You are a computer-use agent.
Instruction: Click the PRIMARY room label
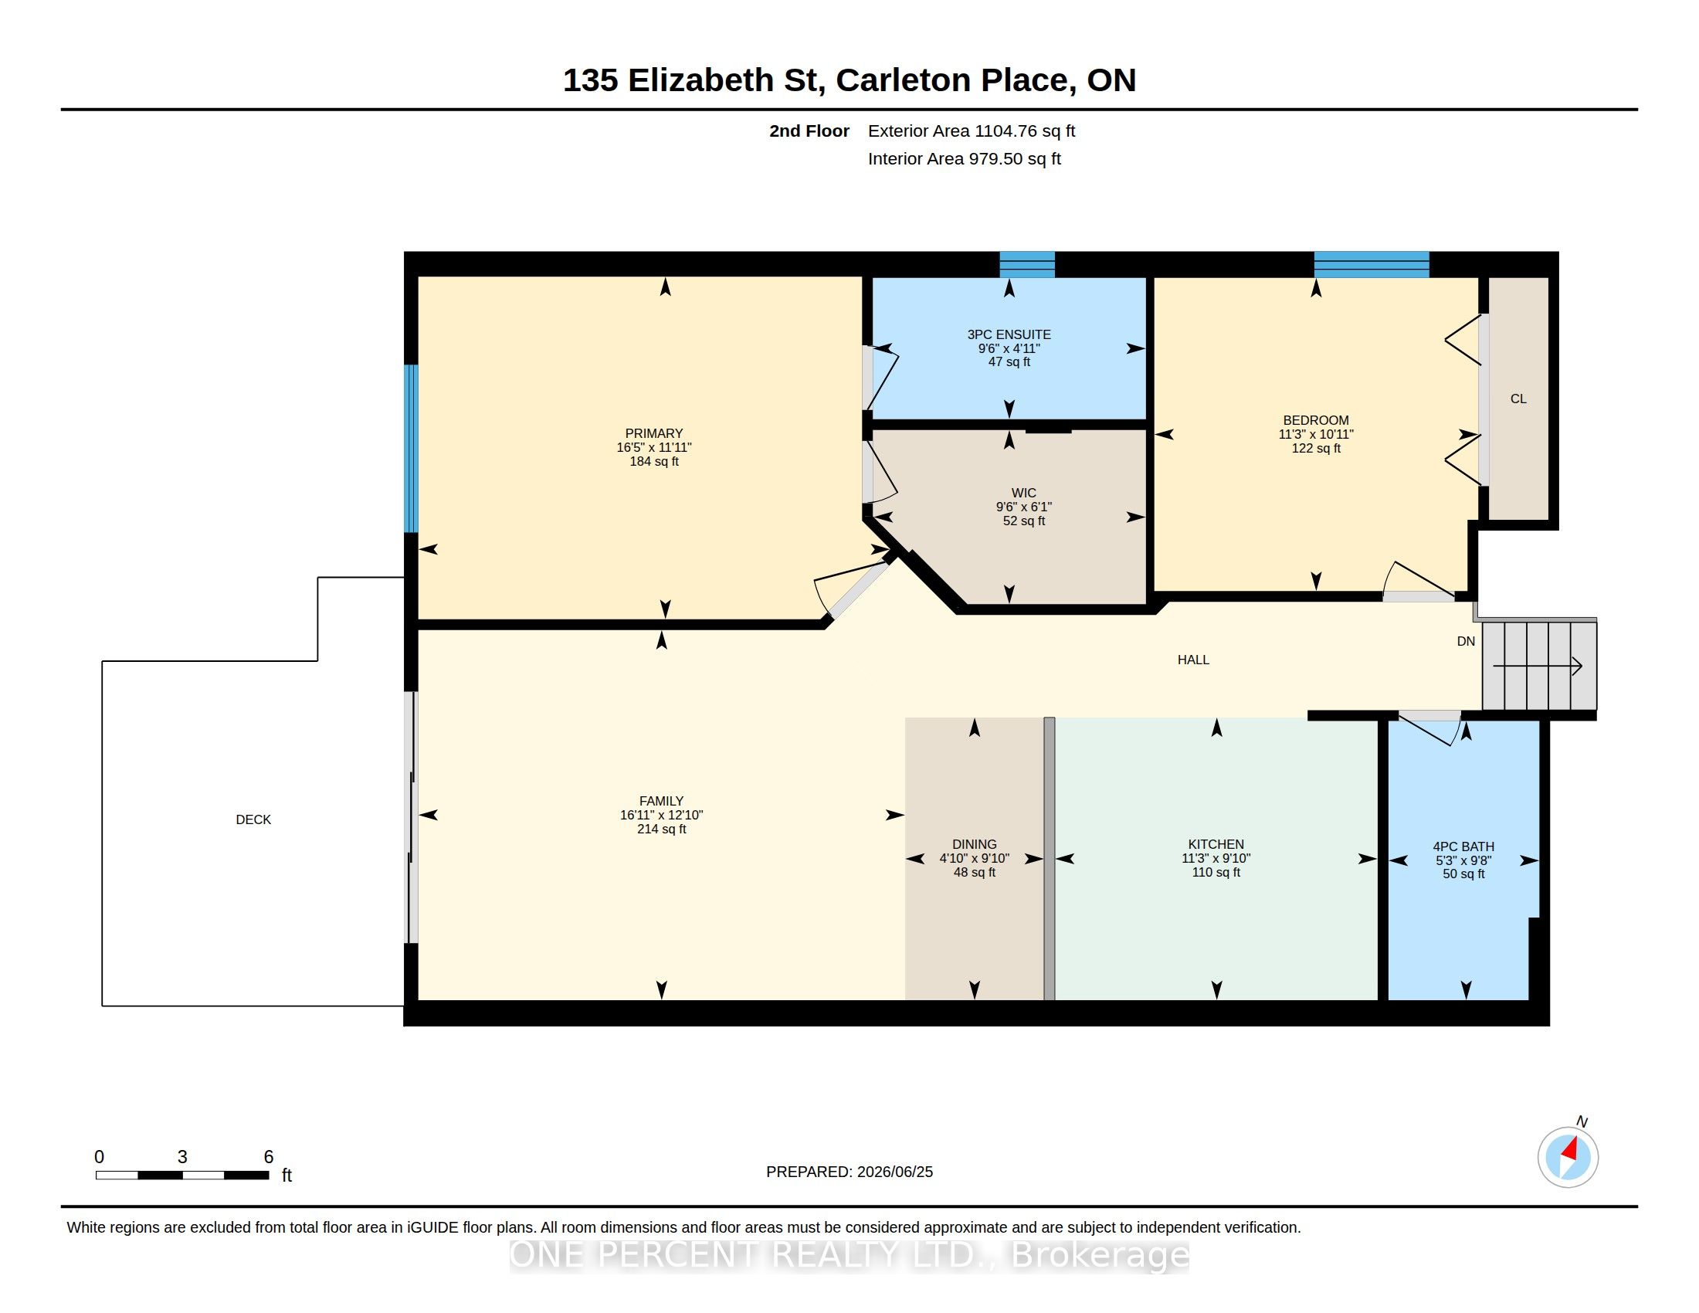coord(653,433)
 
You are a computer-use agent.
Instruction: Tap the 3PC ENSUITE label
coord(1009,334)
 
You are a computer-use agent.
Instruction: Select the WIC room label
coord(1024,494)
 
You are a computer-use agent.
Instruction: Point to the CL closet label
coord(1518,399)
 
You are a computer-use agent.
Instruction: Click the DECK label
coord(253,819)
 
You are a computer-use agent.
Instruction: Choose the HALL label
coord(1193,660)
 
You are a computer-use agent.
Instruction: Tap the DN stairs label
coord(1466,642)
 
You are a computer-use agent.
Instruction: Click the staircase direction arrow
coord(1537,667)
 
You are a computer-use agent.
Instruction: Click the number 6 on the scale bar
coord(269,1157)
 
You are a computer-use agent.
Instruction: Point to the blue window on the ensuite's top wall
coord(1027,264)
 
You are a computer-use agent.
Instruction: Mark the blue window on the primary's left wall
coord(411,449)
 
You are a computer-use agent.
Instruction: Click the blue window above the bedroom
coord(1372,264)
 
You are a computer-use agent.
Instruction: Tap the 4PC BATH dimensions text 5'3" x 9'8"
coord(1463,860)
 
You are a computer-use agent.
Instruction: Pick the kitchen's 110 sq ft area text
coord(1216,873)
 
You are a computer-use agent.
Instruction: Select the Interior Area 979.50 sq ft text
coord(964,158)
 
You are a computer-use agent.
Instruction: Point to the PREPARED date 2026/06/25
coord(894,1172)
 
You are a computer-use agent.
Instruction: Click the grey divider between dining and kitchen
coord(1049,859)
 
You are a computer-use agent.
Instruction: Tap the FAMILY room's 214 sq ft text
coord(661,830)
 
